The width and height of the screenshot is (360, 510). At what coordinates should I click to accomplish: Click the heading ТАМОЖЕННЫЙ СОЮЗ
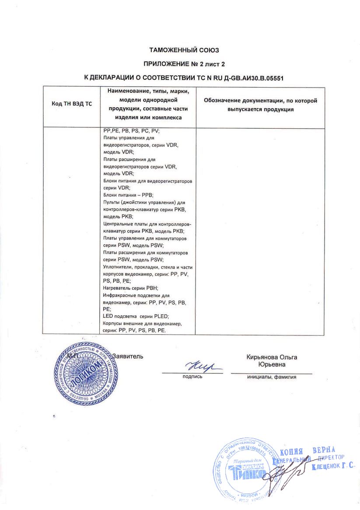pyautogui.click(x=184, y=50)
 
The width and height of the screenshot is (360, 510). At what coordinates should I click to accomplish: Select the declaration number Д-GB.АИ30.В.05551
pyautogui.click(x=255, y=77)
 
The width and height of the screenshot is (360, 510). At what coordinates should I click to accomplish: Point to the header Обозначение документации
pyautogui.click(x=260, y=101)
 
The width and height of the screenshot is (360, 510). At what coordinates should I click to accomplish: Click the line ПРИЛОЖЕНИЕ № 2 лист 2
pyautogui.click(x=184, y=63)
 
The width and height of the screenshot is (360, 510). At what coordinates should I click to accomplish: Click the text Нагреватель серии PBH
pyautogui.click(x=130, y=288)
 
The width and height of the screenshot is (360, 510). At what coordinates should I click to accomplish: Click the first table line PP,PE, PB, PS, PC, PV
pyautogui.click(x=131, y=130)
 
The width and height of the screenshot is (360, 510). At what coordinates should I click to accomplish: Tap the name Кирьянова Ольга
pyautogui.click(x=272, y=357)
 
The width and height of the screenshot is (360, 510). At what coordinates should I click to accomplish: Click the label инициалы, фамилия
pyautogui.click(x=272, y=376)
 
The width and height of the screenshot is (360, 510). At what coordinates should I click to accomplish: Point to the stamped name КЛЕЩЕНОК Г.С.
pyautogui.click(x=333, y=468)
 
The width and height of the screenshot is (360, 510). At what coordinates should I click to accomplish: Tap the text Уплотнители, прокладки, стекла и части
pyautogui.click(x=147, y=267)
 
